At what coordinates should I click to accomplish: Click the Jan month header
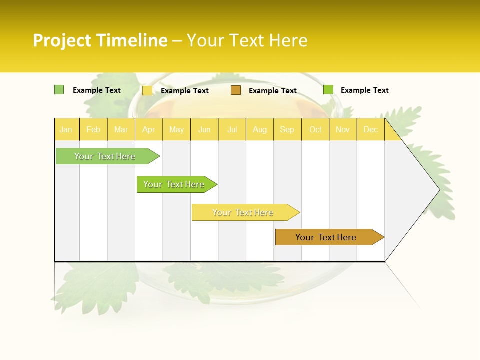tap(66, 129)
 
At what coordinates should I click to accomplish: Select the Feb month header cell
tap(93, 129)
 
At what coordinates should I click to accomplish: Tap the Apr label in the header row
tap(148, 129)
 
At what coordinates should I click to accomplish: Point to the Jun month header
tap(204, 129)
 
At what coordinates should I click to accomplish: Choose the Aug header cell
tap(259, 129)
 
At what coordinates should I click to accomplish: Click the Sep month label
tap(287, 129)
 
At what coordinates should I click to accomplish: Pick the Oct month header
tap(315, 129)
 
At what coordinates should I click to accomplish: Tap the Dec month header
tap(370, 129)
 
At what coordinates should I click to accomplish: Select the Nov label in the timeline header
tap(343, 129)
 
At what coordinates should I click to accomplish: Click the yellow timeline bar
tap(243, 212)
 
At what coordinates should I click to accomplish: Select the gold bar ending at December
tap(326, 237)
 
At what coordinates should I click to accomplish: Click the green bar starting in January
tap(105, 156)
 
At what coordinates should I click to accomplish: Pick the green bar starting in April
tap(174, 184)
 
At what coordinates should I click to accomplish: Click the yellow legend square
tap(147, 90)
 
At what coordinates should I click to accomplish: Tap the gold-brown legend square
tap(236, 90)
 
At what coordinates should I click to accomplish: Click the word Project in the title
tap(63, 40)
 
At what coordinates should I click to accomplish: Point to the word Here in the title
tap(288, 40)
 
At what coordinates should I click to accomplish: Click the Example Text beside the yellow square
tap(184, 91)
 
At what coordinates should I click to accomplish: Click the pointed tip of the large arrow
tap(438, 190)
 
